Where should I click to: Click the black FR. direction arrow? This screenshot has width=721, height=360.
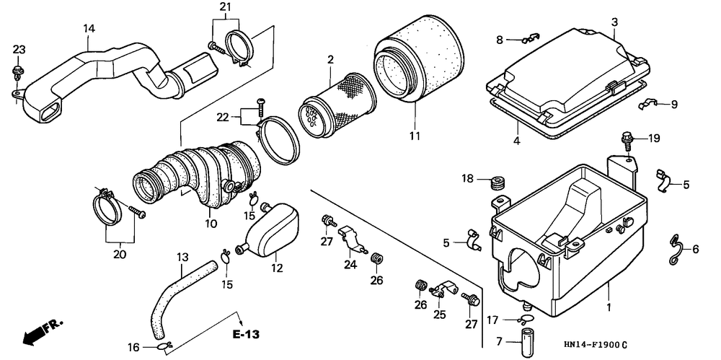pos(31,336)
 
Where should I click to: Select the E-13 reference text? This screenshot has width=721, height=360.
pos(246,334)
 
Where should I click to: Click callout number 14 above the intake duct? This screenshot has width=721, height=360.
pos(89,29)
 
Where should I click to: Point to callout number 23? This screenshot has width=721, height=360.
pos(19,49)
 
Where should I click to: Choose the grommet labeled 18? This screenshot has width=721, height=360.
pos(497,183)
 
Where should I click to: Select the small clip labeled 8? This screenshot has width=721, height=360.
pos(530,38)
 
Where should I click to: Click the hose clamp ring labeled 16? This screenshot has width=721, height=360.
pos(164,346)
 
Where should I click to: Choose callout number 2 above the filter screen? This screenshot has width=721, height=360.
pos(331,59)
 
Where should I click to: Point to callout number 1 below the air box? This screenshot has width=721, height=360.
pos(609,307)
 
